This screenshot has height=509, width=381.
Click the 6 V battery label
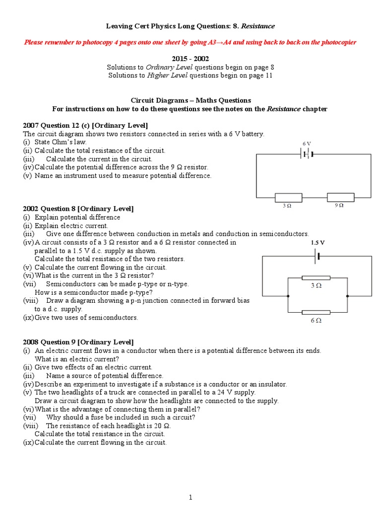click(x=307, y=143)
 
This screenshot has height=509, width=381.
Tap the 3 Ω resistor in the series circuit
click(x=288, y=197)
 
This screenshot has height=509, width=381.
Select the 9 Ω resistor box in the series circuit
click(x=340, y=197)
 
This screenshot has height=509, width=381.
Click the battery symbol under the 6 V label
click(x=307, y=154)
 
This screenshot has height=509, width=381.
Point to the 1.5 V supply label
click(x=317, y=243)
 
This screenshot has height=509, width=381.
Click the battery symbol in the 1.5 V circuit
click(x=317, y=256)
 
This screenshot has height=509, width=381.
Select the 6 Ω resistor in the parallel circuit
click(x=316, y=312)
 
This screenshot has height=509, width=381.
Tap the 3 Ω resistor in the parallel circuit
click(x=316, y=278)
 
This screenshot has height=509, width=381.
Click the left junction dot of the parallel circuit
click(x=288, y=295)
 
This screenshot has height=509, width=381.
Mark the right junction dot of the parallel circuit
click(x=347, y=295)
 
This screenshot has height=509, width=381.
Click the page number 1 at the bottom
click(x=190, y=497)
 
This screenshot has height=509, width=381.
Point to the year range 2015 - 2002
click(x=190, y=58)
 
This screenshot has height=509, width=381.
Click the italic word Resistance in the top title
click(x=258, y=25)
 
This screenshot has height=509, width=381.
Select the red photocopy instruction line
click(x=190, y=42)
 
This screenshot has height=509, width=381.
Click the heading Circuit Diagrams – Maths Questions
click(x=190, y=100)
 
